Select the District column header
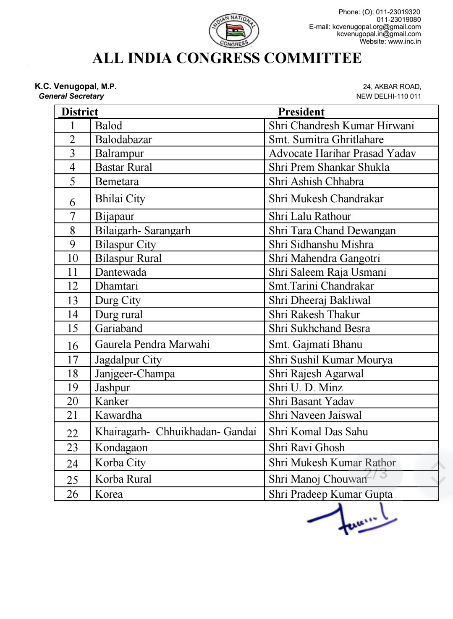point(80,112)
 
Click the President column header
point(301,112)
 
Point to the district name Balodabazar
point(123,140)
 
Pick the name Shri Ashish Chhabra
point(316,182)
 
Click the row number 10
point(73,259)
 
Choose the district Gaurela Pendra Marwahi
point(152,345)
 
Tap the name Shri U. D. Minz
point(306,388)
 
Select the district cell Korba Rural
point(123,479)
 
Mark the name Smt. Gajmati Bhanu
point(315,345)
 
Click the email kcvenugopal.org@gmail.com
point(376,27)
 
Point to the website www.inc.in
point(404,42)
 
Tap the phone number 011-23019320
point(398,12)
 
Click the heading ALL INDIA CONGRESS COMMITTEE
point(227,58)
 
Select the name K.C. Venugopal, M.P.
point(76,87)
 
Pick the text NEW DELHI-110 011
point(388,96)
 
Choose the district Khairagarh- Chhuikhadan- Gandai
point(175,432)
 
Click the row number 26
point(73,494)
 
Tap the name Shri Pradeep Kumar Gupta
point(330,494)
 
